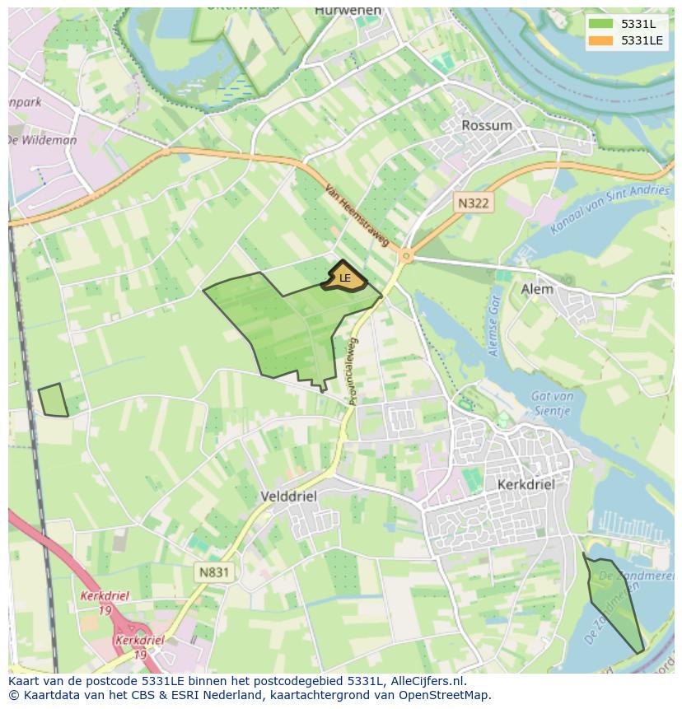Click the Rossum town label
[x=487, y=125]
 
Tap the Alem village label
[x=537, y=289]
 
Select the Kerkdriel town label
[x=526, y=485]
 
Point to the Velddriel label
[x=287, y=497]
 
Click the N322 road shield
[x=474, y=202]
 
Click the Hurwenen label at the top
[x=348, y=11]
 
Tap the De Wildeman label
[x=43, y=140]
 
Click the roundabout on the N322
[x=405, y=256]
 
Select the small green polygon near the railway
[x=54, y=400]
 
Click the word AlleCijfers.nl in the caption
[x=426, y=681]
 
